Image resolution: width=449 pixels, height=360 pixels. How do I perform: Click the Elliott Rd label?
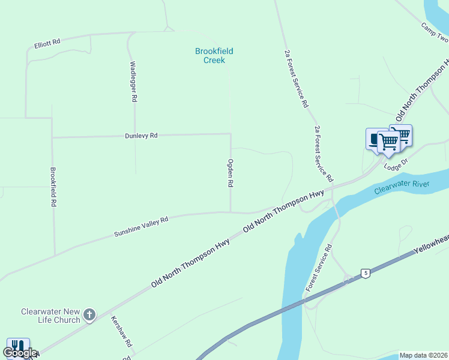[x=47, y=43]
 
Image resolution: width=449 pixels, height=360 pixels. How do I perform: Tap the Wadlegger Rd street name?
[x=134, y=80]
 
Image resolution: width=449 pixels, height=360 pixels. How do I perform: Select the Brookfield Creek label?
[x=214, y=56]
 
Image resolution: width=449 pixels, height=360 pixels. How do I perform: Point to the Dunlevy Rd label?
[x=141, y=136]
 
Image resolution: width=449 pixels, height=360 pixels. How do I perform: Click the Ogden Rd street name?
[x=230, y=173]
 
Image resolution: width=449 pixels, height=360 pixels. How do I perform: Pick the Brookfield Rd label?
[x=53, y=187]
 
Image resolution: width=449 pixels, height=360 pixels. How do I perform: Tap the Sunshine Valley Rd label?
[x=141, y=227]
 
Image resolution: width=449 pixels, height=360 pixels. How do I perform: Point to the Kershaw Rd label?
[x=121, y=332]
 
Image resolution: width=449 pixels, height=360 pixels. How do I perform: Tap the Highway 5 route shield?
[x=365, y=274]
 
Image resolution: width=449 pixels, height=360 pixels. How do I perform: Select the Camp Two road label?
[x=435, y=34]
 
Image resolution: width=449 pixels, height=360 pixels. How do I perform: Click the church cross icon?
[x=89, y=314]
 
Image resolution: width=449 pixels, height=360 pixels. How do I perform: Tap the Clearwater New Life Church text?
[x=50, y=316]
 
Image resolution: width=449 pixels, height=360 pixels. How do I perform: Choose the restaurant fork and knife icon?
[x=17, y=347]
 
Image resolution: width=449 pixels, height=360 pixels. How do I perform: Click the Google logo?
[x=19, y=353]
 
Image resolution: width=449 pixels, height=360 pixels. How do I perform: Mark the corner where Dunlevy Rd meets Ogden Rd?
[x=231, y=134]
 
